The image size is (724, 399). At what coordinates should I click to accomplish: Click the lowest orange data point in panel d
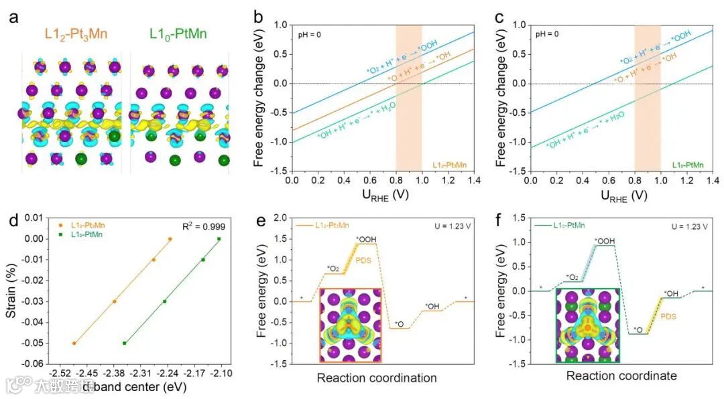[x=74, y=343]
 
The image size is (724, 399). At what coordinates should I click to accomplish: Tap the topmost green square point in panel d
[x=219, y=239]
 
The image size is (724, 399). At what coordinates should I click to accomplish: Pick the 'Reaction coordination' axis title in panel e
[x=377, y=378]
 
